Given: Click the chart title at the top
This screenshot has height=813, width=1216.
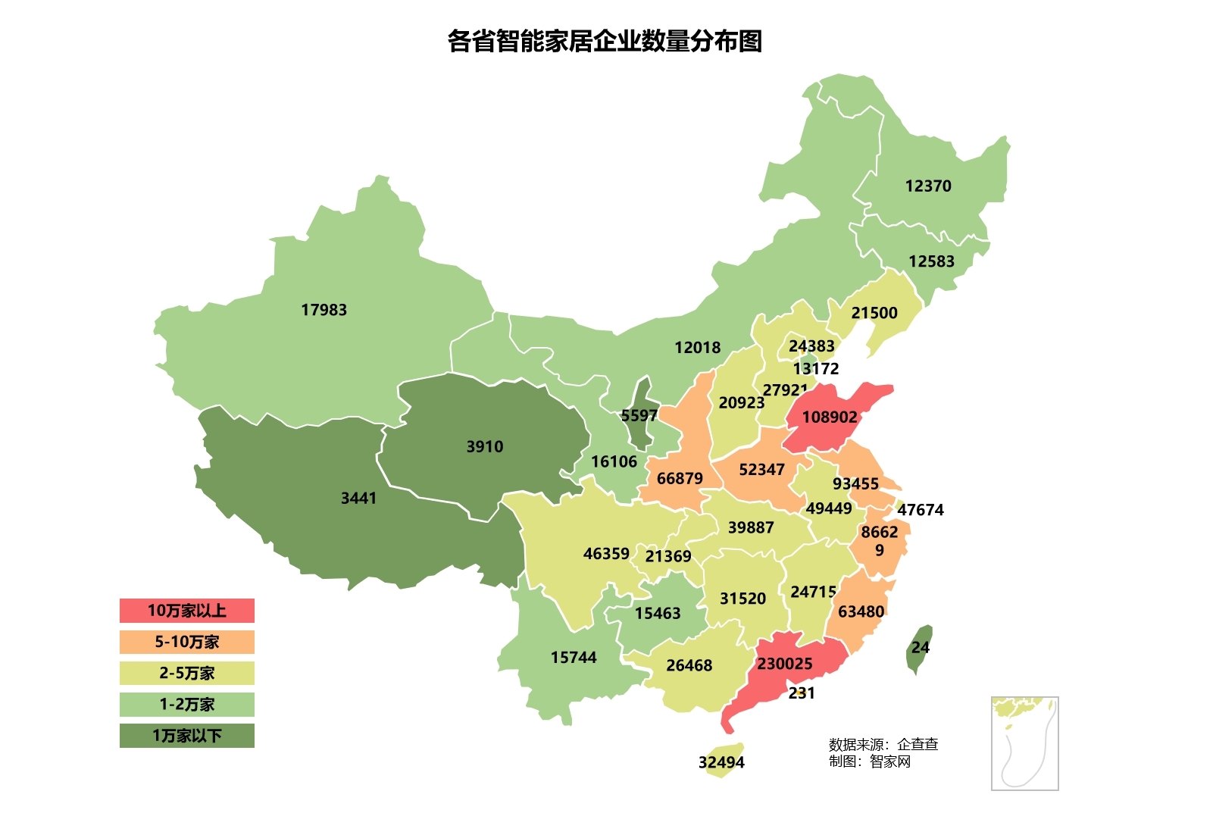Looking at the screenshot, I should pos(604,41).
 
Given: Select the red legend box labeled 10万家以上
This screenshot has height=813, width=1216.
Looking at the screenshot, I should pos(186,611).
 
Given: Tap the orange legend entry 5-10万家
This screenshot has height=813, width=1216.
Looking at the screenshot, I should pos(186,642).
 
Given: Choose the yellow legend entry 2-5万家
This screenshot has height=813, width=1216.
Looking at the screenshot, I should pos(186,673).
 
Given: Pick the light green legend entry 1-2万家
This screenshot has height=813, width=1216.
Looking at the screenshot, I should pos(186,704).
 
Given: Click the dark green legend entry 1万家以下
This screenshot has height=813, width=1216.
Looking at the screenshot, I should pos(186,735).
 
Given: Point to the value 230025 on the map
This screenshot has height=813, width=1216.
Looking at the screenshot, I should pos(784,664).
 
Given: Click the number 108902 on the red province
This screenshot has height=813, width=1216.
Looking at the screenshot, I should pos(829,417).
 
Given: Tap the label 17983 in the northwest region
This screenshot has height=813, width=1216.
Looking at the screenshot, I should pos(324,309).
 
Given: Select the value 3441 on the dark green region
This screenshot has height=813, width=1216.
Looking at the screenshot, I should pos(358,498).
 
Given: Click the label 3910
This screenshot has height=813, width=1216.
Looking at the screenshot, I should pos(484,446).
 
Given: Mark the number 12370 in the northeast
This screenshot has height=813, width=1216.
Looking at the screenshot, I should pos(927,186).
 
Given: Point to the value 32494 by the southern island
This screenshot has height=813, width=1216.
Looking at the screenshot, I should pos(721,762).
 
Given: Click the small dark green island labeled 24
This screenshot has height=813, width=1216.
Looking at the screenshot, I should pos(920,647).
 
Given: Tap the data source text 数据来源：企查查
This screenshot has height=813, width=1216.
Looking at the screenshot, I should pos(883,744).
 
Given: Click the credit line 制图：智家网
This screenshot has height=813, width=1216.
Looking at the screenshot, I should pos(869,761).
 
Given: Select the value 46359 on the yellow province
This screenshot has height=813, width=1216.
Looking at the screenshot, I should pos(605,553).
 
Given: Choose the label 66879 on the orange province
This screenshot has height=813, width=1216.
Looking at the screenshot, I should pos(679,478).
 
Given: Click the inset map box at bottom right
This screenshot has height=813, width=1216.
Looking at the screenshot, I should pos(1024,743).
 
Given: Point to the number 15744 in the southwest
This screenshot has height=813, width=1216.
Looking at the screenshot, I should pos(573,657).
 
